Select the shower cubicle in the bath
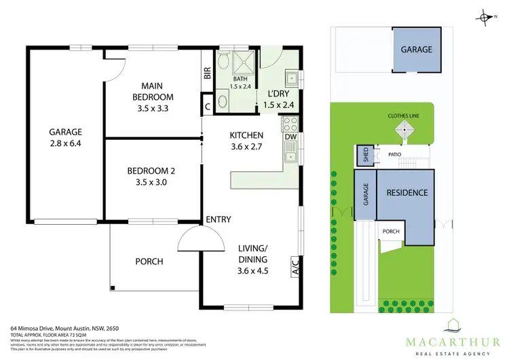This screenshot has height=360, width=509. (242, 63)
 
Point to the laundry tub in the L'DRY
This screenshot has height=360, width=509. (291, 75)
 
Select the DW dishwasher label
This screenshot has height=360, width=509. (290, 137)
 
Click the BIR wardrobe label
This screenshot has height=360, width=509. (208, 73)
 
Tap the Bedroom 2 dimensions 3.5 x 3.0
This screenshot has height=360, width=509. (151, 182)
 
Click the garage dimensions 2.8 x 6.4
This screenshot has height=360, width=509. (65, 144)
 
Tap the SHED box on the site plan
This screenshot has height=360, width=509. (361, 156)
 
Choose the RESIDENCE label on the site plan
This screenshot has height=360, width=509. (407, 192)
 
